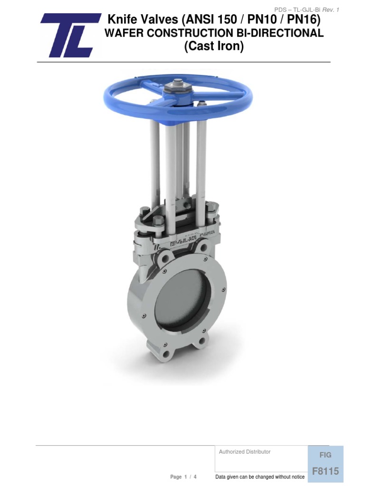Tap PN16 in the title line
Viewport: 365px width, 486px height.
point(302,20)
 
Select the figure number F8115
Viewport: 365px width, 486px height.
point(326,471)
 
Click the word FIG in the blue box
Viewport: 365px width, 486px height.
point(326,455)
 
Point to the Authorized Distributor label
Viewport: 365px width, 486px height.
point(245,452)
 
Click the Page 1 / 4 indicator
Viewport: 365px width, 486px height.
point(183,477)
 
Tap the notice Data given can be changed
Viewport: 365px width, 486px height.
point(260,477)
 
